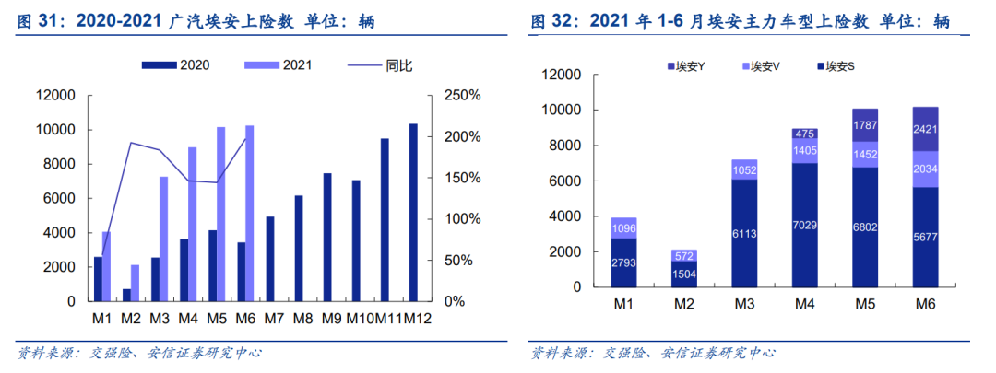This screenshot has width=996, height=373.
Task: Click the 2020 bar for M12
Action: pos(412,212)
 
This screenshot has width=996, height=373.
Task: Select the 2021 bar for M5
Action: pos(220,214)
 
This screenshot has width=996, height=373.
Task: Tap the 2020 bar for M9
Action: pos(326,237)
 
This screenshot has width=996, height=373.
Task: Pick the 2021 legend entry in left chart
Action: pos(280,64)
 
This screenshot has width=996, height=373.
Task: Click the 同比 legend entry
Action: pos(383,64)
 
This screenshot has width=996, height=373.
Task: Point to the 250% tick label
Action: pos(462,96)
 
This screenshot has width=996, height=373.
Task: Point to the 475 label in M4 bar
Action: pos(805,134)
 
